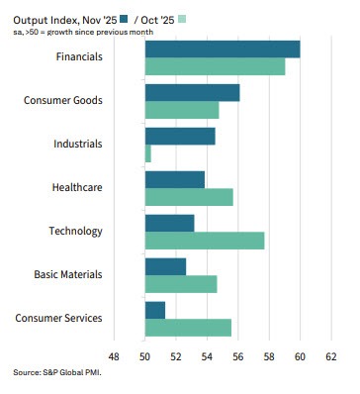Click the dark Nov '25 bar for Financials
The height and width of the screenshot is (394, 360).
coord(223,49)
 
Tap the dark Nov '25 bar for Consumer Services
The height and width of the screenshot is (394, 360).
coord(155,310)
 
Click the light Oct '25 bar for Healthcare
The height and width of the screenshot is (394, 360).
coord(189,197)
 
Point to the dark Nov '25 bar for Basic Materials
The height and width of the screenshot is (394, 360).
coord(165,266)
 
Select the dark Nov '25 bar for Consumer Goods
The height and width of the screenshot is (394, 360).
coord(192,93)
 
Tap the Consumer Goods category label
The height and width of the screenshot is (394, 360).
coord(62,101)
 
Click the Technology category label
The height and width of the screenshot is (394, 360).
coord(75,231)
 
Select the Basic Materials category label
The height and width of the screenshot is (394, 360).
coord(67,274)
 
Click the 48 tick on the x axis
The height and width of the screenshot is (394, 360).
coord(114,356)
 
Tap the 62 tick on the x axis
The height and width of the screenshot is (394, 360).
coord(330,356)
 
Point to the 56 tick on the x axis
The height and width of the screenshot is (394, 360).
coord(237,356)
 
